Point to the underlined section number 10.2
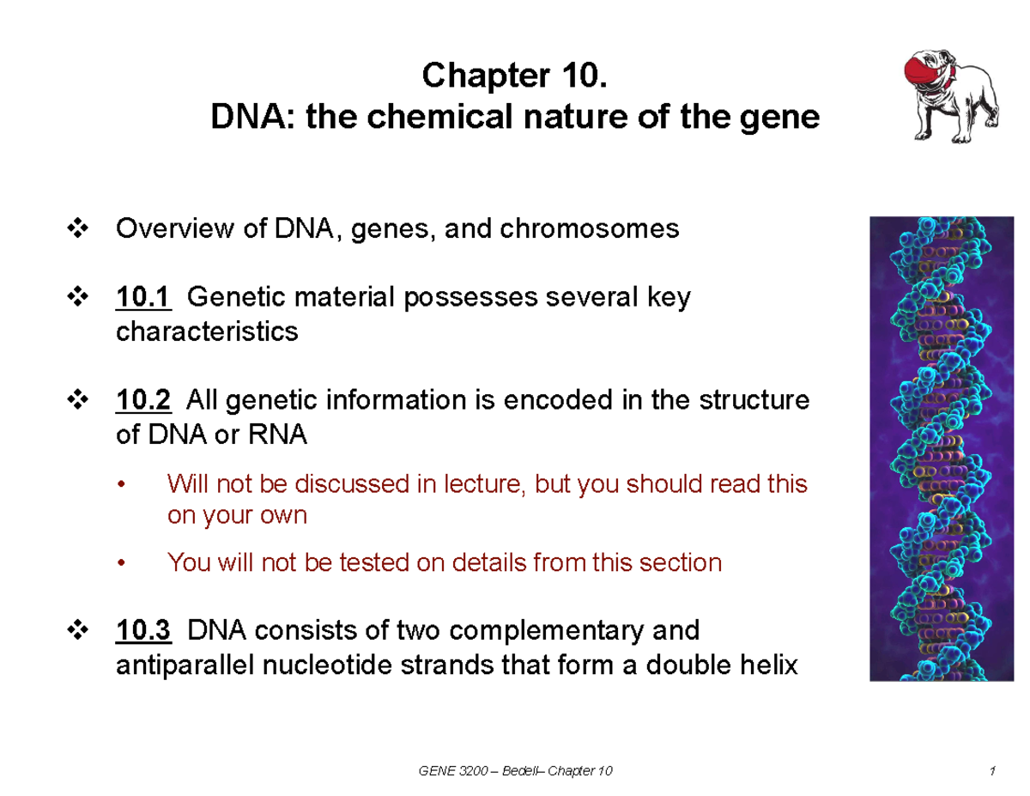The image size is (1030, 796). click(x=143, y=400)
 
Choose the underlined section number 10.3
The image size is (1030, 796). click(x=143, y=631)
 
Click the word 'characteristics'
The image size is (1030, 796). click(x=207, y=331)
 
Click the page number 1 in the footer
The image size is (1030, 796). click(x=991, y=772)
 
